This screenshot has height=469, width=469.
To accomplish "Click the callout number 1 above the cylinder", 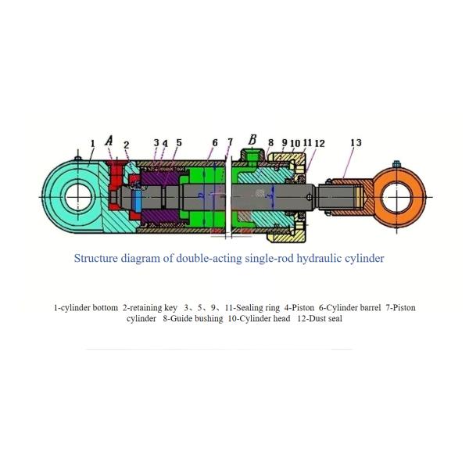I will tap(92, 143).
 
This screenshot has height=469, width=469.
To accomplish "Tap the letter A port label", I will tap(109, 141).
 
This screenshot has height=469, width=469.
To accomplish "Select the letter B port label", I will tap(252, 140).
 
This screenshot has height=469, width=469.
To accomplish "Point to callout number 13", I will tap(356, 143).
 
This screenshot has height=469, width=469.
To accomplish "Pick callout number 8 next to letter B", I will tap(270, 143).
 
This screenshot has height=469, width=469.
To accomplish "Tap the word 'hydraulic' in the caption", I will tap(313, 257).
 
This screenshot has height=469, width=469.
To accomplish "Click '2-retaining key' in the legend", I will tap(150, 308).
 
